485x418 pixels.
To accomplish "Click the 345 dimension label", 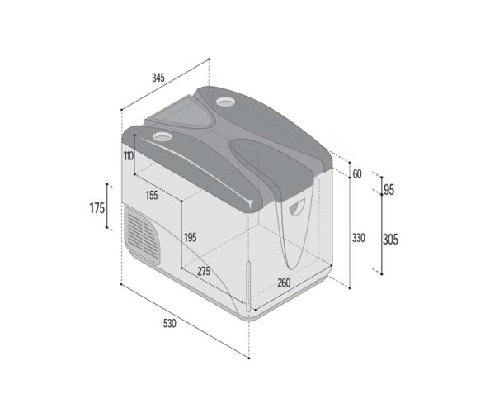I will (158, 78).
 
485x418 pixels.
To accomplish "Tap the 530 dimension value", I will (169, 323).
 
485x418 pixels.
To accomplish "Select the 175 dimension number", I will (97, 208).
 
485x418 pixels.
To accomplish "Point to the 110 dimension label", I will (129, 156).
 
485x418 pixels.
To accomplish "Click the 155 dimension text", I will (151, 196).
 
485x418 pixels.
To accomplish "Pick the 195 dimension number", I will (190, 237).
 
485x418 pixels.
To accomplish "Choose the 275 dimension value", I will (204, 271).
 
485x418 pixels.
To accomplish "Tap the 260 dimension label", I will (283, 283).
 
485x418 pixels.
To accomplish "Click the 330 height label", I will (358, 238).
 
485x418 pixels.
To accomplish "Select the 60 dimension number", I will (356, 174).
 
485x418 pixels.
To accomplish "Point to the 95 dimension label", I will (388, 190).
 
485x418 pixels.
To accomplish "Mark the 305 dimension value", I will (390, 240).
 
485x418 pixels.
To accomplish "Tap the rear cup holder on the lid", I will (225, 102).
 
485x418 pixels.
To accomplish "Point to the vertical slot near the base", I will (247, 282).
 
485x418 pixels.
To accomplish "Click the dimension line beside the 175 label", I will (108, 207).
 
